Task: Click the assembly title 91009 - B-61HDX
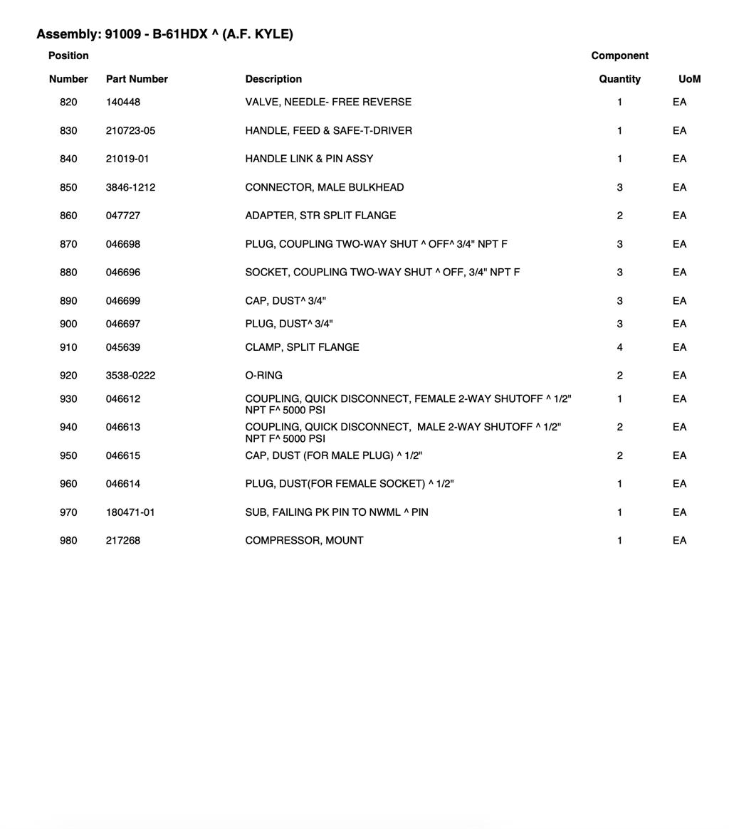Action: pos(164,34)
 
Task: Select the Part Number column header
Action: pos(137,79)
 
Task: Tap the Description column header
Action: pos(273,79)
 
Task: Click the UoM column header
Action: pos(689,79)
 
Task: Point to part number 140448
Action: pos(123,102)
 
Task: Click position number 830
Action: pos(68,131)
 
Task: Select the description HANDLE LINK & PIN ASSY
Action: pos(309,159)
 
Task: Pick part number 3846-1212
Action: pos(130,188)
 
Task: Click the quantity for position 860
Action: pos(619,216)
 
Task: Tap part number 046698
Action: pos(123,244)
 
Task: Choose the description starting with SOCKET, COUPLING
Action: pos(382,273)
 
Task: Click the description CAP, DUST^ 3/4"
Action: pos(285,301)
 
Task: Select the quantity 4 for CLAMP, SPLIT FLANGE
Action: pos(619,347)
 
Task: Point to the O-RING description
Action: pos(263,376)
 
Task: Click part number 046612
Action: pos(123,399)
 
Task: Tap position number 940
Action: pos(68,427)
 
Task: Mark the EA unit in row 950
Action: pos(679,455)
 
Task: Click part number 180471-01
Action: pos(130,512)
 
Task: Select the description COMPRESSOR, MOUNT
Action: pos(304,541)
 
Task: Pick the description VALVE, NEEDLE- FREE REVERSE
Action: pos(328,102)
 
